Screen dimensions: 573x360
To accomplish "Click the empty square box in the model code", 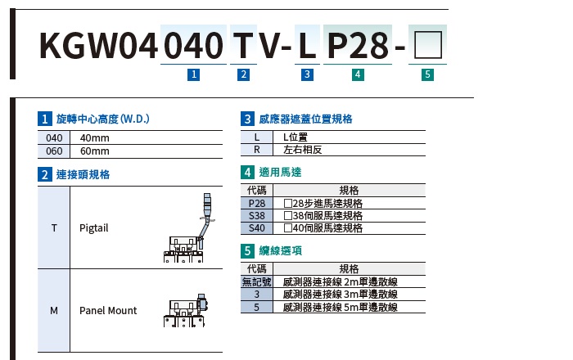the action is point(428,45).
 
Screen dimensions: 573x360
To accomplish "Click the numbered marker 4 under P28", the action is point(358,74).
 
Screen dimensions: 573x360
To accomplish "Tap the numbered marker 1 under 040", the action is point(194,74).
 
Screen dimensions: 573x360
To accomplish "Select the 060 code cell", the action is point(54,151).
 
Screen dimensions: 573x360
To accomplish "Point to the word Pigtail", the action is point(94,228).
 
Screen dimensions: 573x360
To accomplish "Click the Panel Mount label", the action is point(108,311).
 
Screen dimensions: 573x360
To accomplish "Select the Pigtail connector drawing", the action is point(189,227).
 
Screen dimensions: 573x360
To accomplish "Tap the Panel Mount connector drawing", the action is point(185,310).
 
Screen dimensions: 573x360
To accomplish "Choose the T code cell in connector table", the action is point(54,227).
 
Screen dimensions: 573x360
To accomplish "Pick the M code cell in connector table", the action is point(54,311).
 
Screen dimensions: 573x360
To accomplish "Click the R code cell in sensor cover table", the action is point(257,150).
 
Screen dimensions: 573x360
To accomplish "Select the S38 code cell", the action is point(257,216).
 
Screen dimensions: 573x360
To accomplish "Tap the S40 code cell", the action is point(257,228).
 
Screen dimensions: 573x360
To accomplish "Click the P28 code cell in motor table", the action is point(257,204).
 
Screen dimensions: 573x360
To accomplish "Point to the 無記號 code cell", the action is point(257,282).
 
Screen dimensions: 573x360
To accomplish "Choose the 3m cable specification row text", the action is point(341,295).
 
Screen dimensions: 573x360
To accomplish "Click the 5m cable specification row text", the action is point(341,307).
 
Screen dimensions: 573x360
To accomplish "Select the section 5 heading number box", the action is point(247,251).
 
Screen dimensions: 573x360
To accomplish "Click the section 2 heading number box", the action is point(44,174).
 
